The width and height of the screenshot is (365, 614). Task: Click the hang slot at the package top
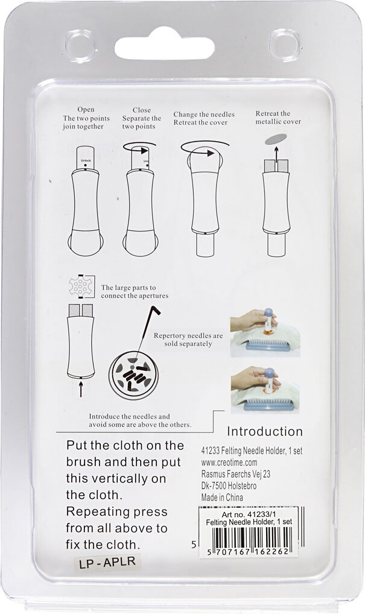point(164,43)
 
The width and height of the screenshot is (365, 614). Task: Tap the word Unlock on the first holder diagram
point(86,160)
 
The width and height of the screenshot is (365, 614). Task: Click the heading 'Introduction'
point(265,431)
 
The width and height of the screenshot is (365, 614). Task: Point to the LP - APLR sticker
point(107,562)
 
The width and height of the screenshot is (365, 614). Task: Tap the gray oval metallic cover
point(276,139)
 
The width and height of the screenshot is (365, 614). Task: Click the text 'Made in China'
point(222,498)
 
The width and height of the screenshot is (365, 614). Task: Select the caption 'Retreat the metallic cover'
point(279,118)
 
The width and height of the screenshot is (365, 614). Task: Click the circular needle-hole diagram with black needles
point(133,376)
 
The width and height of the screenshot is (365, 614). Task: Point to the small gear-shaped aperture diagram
point(81,286)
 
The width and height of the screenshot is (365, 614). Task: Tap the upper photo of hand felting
point(265,332)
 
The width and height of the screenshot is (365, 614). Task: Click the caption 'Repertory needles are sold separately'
point(188,340)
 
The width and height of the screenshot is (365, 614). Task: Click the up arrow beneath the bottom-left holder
point(81,390)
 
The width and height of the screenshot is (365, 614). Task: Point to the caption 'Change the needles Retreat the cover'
point(204,118)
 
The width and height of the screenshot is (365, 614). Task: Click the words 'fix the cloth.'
point(103,545)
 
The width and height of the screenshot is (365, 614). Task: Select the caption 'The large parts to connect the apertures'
point(135,292)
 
